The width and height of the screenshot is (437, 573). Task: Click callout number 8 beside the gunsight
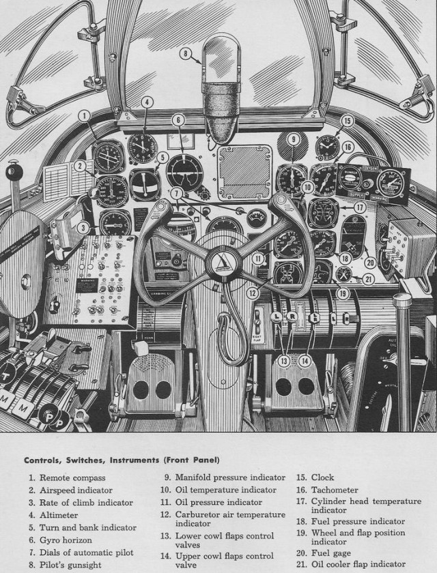[184, 53]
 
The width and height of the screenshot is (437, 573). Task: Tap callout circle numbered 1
[84, 116]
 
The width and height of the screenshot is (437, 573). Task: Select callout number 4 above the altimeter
[146, 102]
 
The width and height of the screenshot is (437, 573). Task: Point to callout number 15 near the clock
[347, 121]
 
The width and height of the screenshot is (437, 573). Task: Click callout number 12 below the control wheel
[253, 294]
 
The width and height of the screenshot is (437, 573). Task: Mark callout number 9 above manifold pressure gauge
[293, 139]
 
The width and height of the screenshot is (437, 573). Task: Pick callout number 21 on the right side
[368, 278]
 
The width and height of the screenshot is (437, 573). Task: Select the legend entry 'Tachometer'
[335, 490]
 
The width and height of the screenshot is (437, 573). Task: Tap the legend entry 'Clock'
[323, 477]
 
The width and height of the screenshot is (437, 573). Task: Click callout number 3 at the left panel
[83, 227]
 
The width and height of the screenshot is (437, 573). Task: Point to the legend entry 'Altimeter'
[59, 515]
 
